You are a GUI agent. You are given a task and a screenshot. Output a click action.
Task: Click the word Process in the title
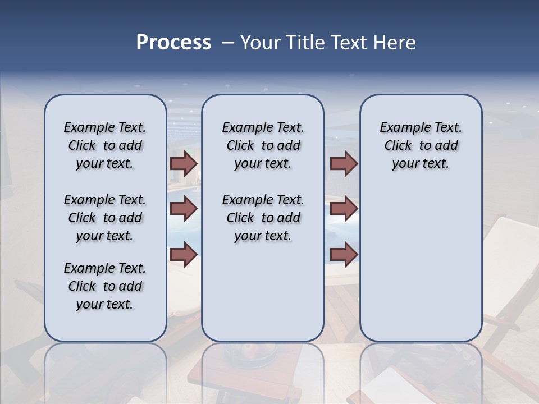tap(173, 43)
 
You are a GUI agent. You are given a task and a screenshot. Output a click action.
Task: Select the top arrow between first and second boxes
tap(184, 163)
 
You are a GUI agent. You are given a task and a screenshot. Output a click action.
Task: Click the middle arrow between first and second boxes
tap(184, 209)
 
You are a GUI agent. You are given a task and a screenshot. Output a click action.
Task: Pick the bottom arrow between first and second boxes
tap(184, 255)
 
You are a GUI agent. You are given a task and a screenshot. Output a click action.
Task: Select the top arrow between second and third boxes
tap(344, 163)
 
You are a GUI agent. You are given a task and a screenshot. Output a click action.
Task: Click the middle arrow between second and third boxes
tap(344, 209)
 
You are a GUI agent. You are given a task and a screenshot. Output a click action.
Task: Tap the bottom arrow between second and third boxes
tap(344, 255)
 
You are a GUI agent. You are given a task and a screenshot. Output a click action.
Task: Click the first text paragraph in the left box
tap(105, 145)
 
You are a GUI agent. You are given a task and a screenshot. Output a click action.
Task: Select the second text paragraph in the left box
tap(105, 218)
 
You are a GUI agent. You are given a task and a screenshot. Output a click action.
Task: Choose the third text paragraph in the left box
tap(105, 286)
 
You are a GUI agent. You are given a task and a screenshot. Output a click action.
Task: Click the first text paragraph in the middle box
tap(263, 145)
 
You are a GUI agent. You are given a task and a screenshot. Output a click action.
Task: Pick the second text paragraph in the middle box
tap(263, 218)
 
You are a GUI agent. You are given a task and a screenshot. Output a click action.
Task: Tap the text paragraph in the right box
tap(421, 145)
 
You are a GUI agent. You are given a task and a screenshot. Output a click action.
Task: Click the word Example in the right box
tap(401, 128)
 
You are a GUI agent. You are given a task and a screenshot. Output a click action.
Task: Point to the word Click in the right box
tap(398, 146)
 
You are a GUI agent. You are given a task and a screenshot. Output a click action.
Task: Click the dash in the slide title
tap(228, 43)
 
